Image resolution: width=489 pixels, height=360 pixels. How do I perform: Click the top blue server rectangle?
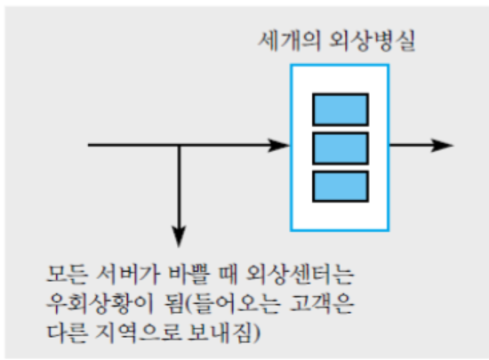[x=341, y=109]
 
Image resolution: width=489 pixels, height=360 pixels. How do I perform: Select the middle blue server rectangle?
[x=341, y=148]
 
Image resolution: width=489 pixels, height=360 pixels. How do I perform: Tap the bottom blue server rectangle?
[x=341, y=187]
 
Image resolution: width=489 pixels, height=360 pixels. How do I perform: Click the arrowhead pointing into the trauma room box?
[x=279, y=145]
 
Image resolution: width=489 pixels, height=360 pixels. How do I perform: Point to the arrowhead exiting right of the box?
[x=442, y=145]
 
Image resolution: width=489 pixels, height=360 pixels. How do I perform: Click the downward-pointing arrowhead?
[x=179, y=236]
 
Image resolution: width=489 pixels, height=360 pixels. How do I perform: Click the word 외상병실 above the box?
[x=373, y=41]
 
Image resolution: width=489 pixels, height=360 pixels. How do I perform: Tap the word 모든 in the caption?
[x=66, y=275]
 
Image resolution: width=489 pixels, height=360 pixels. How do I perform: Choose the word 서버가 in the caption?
[x=128, y=275]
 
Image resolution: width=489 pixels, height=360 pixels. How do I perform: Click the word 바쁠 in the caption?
[x=188, y=275]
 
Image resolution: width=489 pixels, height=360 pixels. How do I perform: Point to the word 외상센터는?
[x=300, y=275]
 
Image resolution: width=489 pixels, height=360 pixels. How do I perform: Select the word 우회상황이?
[x=100, y=303]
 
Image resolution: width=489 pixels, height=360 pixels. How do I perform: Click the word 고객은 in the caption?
[x=322, y=303]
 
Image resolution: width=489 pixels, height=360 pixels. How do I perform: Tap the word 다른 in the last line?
[x=66, y=332]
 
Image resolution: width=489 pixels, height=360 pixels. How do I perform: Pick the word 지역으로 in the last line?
[x=138, y=332]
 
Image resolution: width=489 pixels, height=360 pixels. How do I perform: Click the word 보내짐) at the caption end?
[x=224, y=332]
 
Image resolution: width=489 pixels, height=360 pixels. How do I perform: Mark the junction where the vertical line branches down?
[x=179, y=145]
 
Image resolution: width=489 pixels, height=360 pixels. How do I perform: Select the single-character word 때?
[x=228, y=275]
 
